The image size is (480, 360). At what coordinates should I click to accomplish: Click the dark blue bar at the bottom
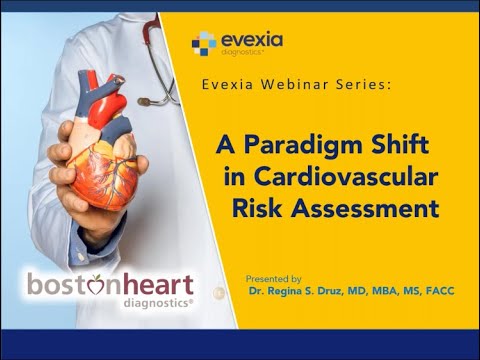pos(240,344)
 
